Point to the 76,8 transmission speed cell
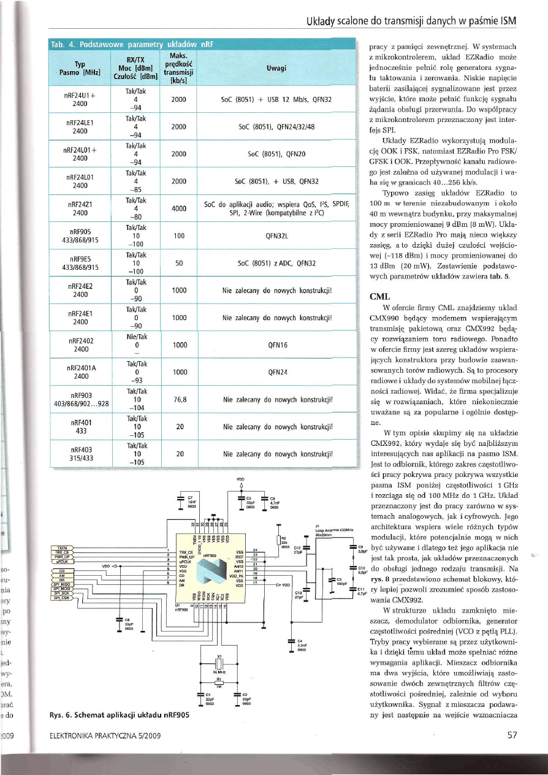tap(180, 399)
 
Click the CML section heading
tap(377, 296)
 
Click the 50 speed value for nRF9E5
tap(180, 262)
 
